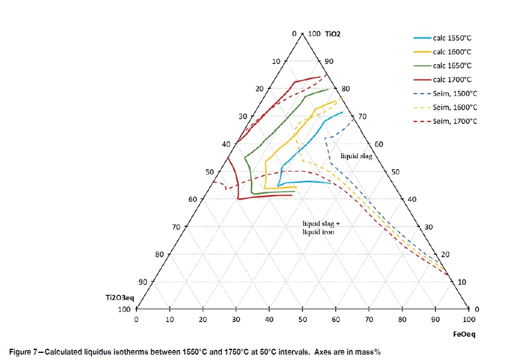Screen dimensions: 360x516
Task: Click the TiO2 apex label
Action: click(333, 34)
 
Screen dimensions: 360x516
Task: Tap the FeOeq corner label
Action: click(464, 334)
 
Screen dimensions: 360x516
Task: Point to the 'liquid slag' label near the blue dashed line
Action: click(356, 156)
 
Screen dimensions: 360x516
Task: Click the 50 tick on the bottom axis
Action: click(302, 320)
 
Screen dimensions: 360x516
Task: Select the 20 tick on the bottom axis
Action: click(203, 320)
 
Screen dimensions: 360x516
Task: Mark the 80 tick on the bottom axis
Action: click(402, 320)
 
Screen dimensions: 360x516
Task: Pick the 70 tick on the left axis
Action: click(175, 227)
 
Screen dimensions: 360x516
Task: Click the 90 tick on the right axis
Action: click(329, 61)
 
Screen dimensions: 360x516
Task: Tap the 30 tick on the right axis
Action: click(429, 227)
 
